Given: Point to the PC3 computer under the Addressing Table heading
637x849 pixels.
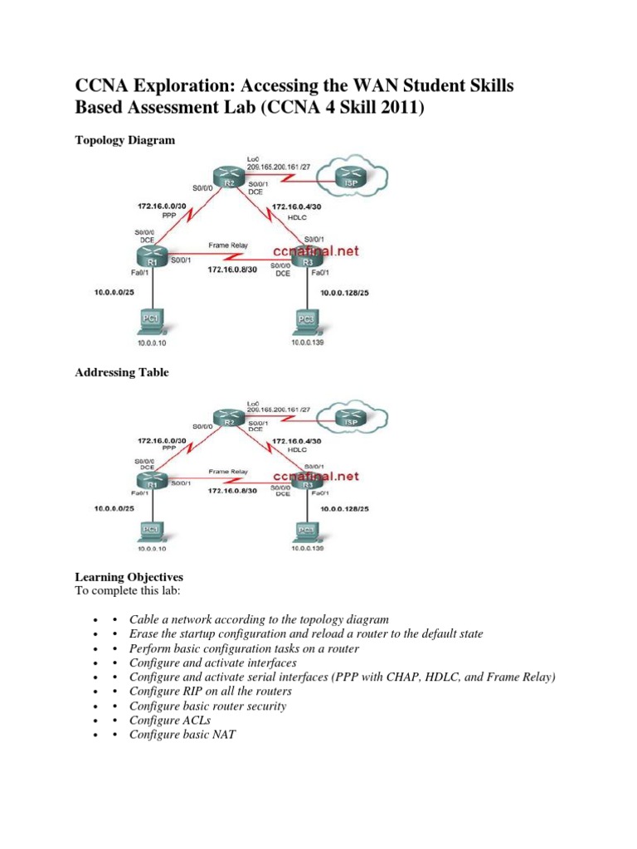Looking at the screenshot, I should [x=306, y=530].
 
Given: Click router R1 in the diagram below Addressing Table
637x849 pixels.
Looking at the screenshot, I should [x=152, y=479].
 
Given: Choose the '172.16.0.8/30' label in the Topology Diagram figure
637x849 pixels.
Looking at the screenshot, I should [x=234, y=270].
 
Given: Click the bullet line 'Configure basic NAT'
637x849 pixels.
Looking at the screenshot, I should [x=182, y=734].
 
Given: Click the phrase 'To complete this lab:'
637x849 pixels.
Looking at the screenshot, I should [x=127, y=590].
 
